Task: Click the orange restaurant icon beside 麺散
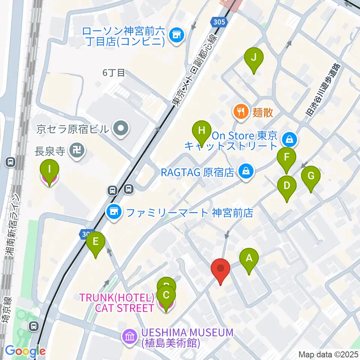pyautogui.click(x=240, y=112)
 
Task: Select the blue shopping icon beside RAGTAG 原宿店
pyautogui.click(x=246, y=172)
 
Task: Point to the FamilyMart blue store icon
pyautogui.click(x=114, y=213)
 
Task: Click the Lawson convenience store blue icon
pyautogui.click(x=176, y=36)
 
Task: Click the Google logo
pyautogui.click(x=25, y=351)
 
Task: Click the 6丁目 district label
pyautogui.click(x=114, y=73)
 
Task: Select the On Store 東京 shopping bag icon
pyautogui.click(x=289, y=139)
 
